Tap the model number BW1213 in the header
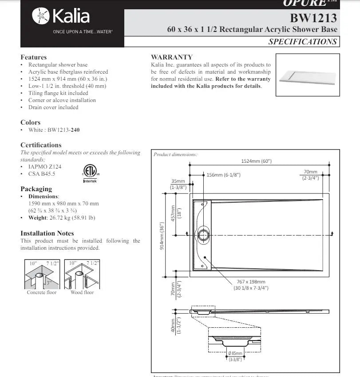[x=313, y=18]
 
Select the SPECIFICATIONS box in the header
[x=302, y=42]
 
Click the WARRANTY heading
[x=171, y=57]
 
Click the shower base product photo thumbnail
[x=307, y=75]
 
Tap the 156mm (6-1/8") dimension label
[x=224, y=175]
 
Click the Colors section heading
[x=30, y=122]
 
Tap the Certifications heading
[x=41, y=145]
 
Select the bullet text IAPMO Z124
[x=45, y=167]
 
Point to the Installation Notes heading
[x=47, y=233]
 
